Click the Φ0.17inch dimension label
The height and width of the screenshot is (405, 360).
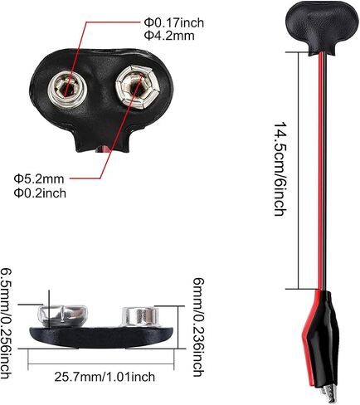[174, 22]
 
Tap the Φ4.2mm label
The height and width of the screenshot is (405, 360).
[169, 36]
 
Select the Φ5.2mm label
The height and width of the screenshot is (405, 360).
[39, 179]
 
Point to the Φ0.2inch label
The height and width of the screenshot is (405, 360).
[40, 193]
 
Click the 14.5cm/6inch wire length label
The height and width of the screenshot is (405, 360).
[280, 169]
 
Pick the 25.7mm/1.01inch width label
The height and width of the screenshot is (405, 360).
[105, 377]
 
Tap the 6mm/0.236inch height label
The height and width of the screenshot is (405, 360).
[198, 327]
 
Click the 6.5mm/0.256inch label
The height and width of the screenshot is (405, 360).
[6, 323]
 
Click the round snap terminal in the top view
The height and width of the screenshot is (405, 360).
[67, 89]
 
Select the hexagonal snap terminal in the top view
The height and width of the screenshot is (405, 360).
[138, 87]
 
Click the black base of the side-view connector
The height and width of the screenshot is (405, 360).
[101, 337]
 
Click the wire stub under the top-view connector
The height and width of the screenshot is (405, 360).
[102, 149]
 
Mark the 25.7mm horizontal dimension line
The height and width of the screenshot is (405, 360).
[101, 364]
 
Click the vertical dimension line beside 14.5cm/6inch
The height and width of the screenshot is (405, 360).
[299, 170]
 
